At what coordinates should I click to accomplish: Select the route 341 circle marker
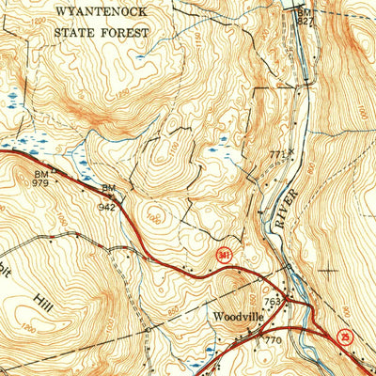click(x=223, y=255)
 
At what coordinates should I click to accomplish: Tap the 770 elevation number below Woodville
click(x=273, y=339)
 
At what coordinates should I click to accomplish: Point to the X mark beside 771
click(x=291, y=151)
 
